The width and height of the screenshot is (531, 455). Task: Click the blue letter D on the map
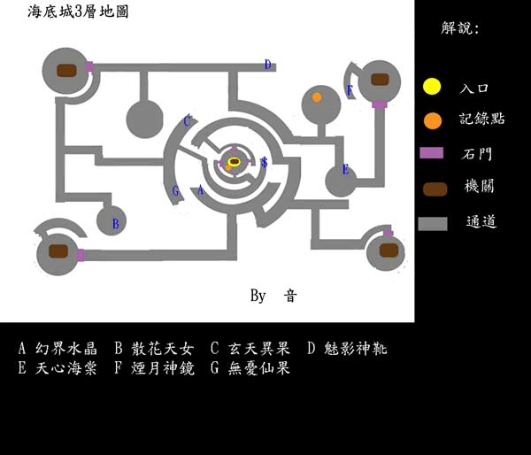click(x=267, y=64)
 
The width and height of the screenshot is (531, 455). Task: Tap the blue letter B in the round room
click(x=115, y=224)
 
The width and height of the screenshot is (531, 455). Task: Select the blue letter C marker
click(x=187, y=121)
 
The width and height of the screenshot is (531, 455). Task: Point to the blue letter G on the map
click(x=176, y=191)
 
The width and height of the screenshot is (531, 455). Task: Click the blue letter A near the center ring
click(x=201, y=190)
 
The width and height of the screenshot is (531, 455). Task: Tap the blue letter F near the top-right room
click(x=350, y=90)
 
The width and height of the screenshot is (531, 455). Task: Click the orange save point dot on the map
click(x=317, y=97)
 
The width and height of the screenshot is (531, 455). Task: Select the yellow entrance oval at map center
click(x=234, y=161)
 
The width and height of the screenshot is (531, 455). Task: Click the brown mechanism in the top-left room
click(x=67, y=70)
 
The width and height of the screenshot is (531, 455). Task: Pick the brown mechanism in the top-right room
click(x=380, y=80)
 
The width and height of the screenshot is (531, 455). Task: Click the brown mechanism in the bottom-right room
click(x=387, y=251)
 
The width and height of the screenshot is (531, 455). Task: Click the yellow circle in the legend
click(x=431, y=87)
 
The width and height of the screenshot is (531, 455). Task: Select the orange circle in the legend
click(x=431, y=120)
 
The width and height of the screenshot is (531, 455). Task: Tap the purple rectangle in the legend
click(x=431, y=153)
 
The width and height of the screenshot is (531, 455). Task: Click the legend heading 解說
click(x=459, y=28)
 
